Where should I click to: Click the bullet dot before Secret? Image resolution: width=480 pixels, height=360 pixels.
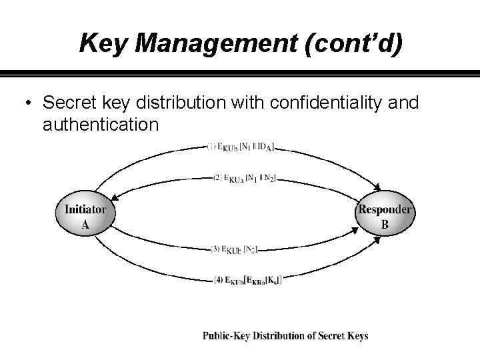point(26,103)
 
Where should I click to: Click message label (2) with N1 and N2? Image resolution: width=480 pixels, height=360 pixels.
point(244,178)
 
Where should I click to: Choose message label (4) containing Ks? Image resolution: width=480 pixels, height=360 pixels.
point(247,280)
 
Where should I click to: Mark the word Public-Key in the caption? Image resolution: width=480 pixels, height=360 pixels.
point(227,336)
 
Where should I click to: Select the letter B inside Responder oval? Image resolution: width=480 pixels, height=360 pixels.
point(385,225)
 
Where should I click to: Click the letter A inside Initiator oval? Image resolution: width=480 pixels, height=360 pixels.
point(85,225)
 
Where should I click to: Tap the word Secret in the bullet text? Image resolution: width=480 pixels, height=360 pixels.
point(65,103)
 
